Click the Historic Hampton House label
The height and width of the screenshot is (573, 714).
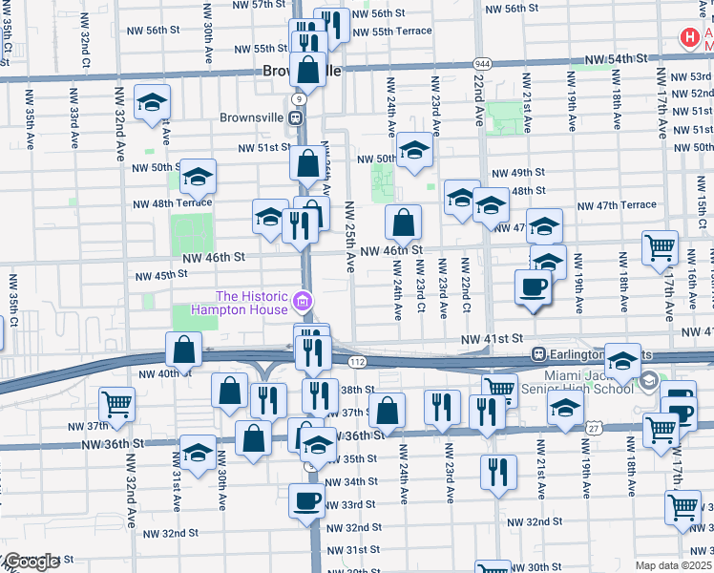252,303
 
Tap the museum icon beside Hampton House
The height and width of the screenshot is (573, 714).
304,303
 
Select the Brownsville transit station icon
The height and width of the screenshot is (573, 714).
296,117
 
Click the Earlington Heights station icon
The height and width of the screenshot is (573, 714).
538,353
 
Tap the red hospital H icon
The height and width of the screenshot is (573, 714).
688,38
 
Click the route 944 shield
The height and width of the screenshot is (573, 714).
482,61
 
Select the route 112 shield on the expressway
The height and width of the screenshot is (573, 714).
357,362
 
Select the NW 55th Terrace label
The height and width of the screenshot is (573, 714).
391,31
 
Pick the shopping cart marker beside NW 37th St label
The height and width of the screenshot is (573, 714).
116,404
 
